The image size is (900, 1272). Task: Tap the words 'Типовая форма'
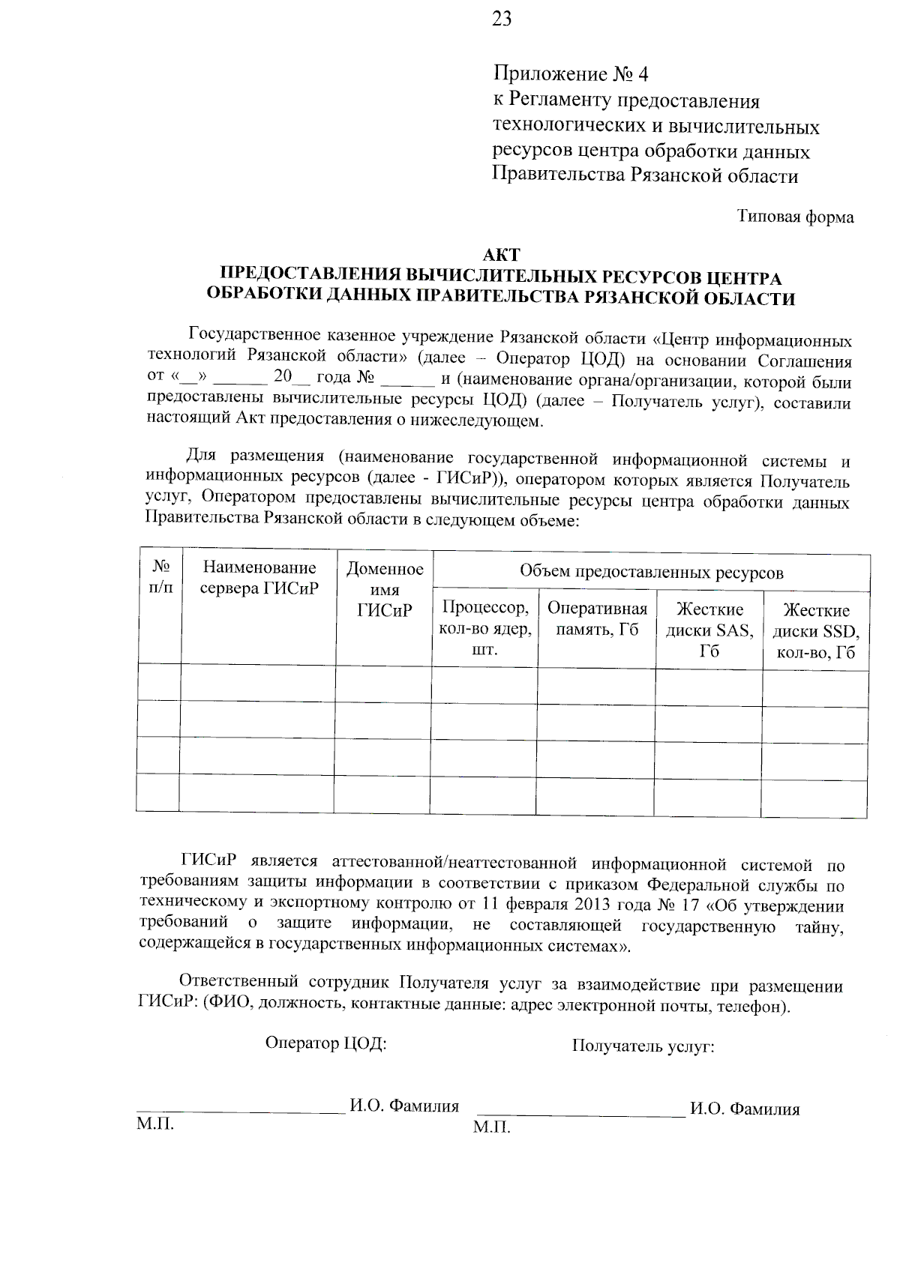pyautogui.click(x=795, y=217)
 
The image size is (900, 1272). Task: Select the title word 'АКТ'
pyautogui.click(x=502, y=256)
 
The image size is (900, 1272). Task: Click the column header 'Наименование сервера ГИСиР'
pyautogui.click(x=259, y=579)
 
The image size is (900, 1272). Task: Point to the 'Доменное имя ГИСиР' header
pyautogui.click(x=385, y=590)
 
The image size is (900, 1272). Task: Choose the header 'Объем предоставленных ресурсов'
pyautogui.click(x=651, y=573)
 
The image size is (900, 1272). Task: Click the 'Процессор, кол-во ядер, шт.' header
pyautogui.click(x=485, y=627)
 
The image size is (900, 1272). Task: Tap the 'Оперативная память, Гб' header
pyautogui.click(x=597, y=618)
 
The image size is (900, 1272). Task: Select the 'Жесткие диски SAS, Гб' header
pyautogui.click(x=709, y=630)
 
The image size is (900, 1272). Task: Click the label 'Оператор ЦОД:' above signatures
pyautogui.click(x=325, y=1043)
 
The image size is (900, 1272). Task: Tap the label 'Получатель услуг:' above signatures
pyautogui.click(x=643, y=1046)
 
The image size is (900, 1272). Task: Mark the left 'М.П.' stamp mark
pyautogui.click(x=155, y=1124)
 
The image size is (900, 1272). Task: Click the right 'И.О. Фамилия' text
pyautogui.click(x=745, y=1109)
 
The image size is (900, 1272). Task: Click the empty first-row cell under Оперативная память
pyautogui.click(x=596, y=684)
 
